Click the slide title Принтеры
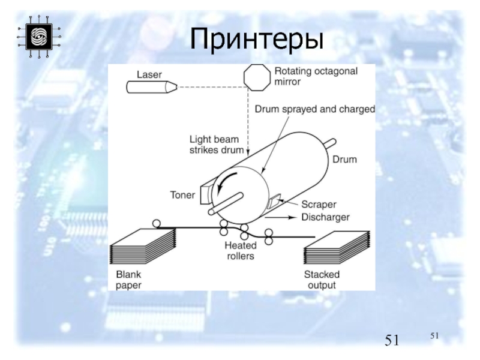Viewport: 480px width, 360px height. coord(256,38)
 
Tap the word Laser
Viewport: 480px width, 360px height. coord(149,75)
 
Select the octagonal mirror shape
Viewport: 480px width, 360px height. coord(256,77)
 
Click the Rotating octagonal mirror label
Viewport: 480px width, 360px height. coord(316,76)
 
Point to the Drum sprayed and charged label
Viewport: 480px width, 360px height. coord(314,110)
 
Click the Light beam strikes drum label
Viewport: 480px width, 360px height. coord(214,143)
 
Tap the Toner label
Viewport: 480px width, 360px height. coord(182,195)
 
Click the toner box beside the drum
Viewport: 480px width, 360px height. coord(204,193)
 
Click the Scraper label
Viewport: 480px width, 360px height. coord(317,204)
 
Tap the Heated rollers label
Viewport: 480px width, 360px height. coord(239,251)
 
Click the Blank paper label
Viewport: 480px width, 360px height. coord(128,280)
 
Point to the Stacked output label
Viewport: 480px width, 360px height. coord(322,280)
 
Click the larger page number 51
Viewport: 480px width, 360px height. coord(392,341)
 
